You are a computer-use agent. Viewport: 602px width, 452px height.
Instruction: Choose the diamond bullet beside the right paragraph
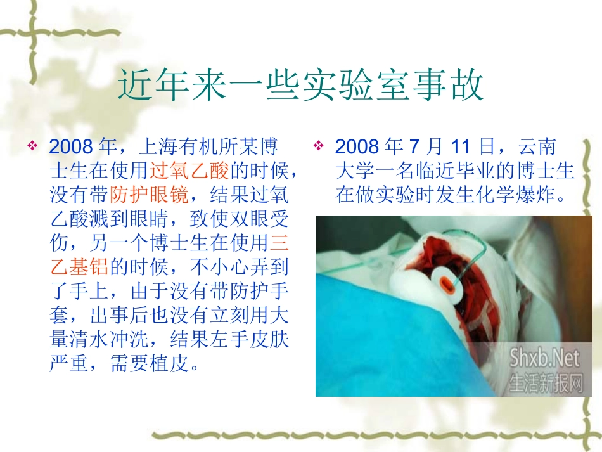coord(318,147)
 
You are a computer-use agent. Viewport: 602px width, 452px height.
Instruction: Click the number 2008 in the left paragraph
coord(71,148)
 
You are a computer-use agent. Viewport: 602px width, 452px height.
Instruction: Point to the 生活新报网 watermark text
coord(544,381)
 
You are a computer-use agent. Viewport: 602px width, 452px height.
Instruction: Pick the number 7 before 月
coord(414,148)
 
